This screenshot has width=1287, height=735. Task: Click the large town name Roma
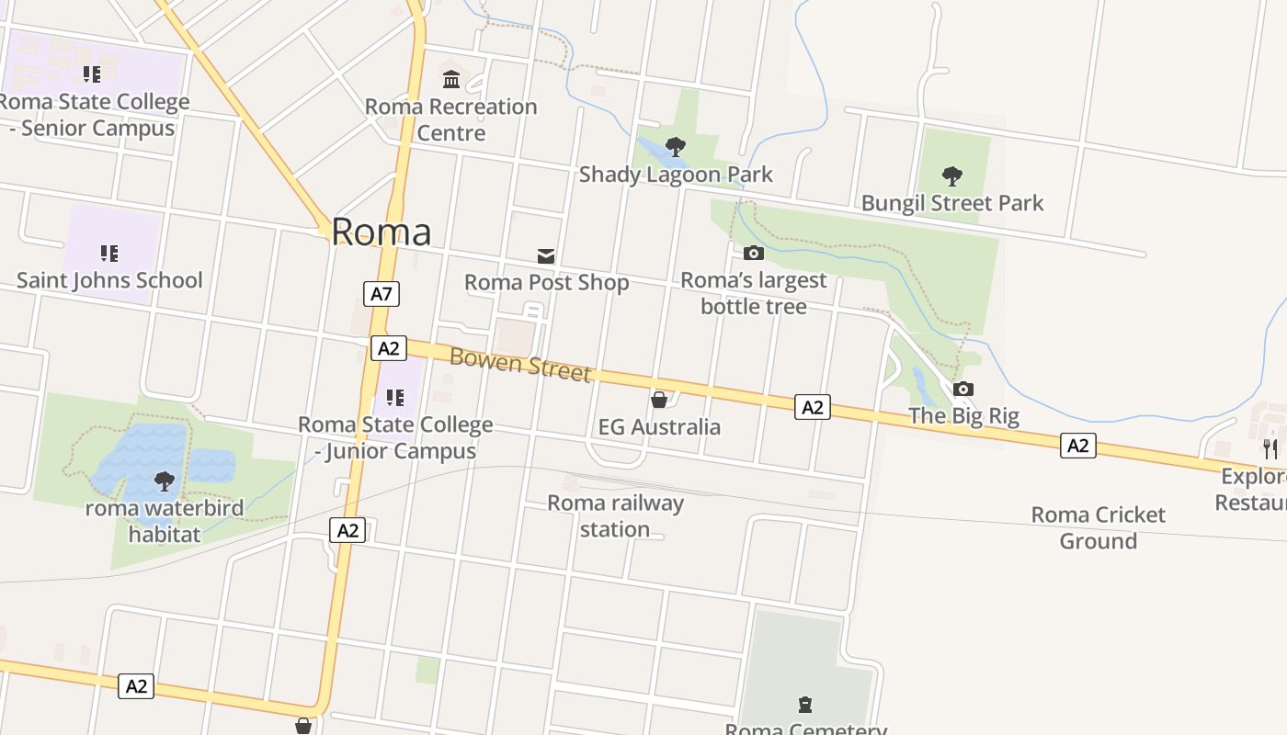pos(381,232)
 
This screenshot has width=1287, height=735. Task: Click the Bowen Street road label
pos(519,364)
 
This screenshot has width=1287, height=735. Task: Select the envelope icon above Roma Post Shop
pos(546,255)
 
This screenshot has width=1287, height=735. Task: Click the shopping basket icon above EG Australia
pos(658,400)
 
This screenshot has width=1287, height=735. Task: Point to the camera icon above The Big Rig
pos(962,389)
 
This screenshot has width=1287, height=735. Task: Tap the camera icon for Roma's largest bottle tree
pos(753,253)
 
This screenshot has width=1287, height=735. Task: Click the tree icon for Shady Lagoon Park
pos(676,145)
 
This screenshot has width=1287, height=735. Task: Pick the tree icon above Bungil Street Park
pos(952,175)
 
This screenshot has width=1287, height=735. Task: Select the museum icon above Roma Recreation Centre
pos(450,79)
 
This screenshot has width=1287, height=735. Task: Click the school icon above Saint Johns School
pos(108,253)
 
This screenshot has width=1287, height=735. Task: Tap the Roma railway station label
pos(615,515)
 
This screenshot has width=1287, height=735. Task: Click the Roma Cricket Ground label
pos(1098,527)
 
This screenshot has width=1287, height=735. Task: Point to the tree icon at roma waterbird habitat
pos(165,480)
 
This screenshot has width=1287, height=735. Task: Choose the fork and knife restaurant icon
pos(1270,448)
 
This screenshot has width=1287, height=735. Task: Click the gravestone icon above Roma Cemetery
pos(805,705)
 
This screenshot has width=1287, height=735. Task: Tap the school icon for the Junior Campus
pos(395,398)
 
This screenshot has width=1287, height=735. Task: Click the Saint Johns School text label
pos(109,280)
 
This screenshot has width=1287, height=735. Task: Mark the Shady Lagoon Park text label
pos(676,175)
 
